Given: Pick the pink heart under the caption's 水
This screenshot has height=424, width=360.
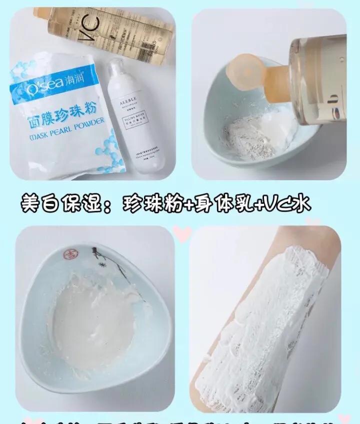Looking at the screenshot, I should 313,220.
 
